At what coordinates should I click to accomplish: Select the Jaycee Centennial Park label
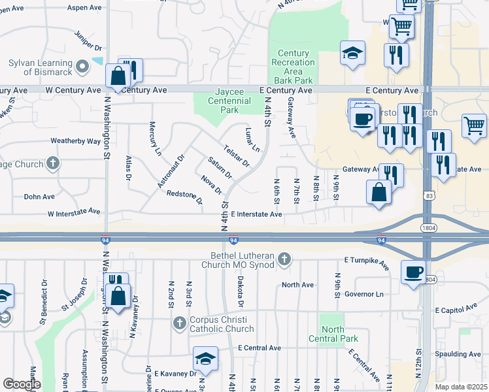(229, 101)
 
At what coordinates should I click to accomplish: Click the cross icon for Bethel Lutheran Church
(284, 259)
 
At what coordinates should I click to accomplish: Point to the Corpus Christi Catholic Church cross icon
(180, 323)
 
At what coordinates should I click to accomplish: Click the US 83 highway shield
(428, 195)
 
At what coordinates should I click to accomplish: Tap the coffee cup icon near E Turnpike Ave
(413, 271)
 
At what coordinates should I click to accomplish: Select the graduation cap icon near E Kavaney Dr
(205, 359)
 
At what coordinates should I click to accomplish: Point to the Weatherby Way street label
(75, 140)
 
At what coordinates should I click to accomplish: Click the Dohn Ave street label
(39, 196)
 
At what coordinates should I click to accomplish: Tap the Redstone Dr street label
(184, 196)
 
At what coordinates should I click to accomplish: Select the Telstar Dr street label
(236, 155)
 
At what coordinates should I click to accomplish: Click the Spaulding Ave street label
(458, 353)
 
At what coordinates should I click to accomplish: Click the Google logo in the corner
(22, 384)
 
